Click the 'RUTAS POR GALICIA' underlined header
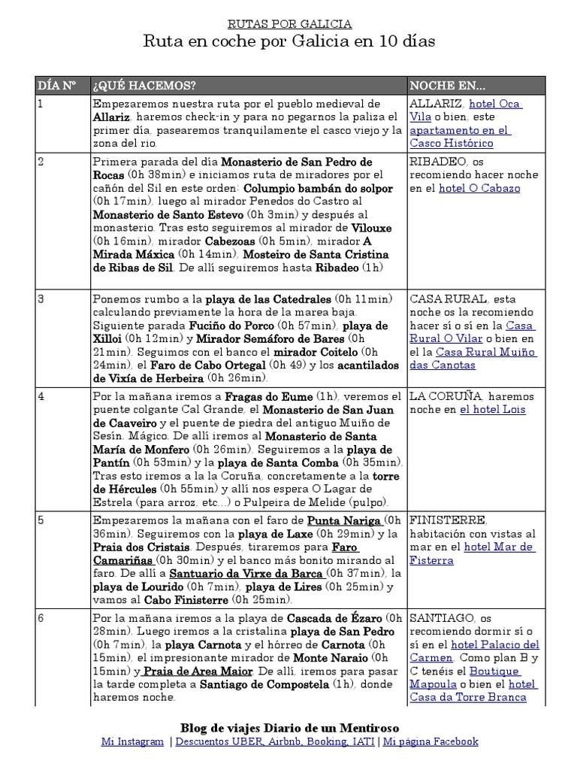click(x=289, y=24)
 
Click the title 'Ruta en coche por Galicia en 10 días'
click(x=289, y=41)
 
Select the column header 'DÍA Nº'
click(x=57, y=85)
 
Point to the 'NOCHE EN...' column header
click(x=448, y=85)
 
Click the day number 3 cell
click(x=41, y=299)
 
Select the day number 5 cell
click(x=41, y=520)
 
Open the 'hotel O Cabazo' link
click(x=479, y=188)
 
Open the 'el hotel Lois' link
click(x=492, y=409)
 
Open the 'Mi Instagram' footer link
click(x=132, y=741)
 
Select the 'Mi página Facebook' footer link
click(x=430, y=741)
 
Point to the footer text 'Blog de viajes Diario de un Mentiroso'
click(x=289, y=727)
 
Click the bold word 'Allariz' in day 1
click(x=112, y=117)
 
